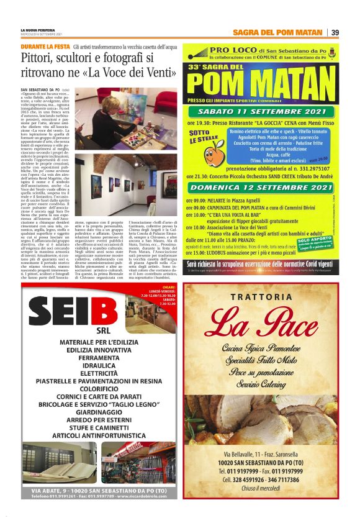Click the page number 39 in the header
pyautogui.click(x=335, y=32)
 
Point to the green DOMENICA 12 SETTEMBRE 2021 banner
pyautogui.click(x=263, y=188)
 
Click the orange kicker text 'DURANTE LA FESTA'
pyautogui.click(x=45, y=47)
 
